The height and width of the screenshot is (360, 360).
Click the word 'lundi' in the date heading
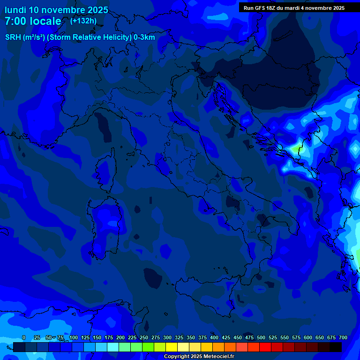pos(15,10)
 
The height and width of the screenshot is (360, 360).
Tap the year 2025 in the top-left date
pos(97,10)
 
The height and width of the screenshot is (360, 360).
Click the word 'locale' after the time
pos(45,22)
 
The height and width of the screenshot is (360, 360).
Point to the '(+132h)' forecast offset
pos(83,21)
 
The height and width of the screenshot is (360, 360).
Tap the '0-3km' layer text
pos(144,37)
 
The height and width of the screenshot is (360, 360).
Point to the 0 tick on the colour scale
pos(24,338)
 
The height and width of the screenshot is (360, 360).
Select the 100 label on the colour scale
pos(74,338)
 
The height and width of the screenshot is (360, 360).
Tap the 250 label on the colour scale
pos(144,338)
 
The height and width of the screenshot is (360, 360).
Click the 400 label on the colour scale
pos(214,338)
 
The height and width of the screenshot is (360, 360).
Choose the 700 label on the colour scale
pos(343,338)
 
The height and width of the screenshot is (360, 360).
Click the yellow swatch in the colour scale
pos(172,347)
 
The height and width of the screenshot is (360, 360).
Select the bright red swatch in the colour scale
pos(265,347)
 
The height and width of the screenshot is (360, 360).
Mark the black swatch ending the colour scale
pos(336,347)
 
